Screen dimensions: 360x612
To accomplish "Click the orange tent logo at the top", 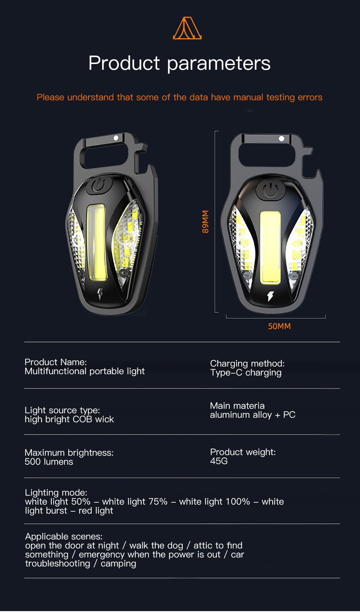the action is click(x=187, y=28).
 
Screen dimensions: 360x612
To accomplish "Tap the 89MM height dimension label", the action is click(x=205, y=221).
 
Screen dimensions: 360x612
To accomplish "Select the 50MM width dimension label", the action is click(x=279, y=326).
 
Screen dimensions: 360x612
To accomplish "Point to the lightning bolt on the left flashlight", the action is click(x=100, y=294).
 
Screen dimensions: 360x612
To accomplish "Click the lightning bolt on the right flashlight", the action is click(x=270, y=296).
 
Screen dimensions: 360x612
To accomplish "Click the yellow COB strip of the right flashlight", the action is click(x=270, y=247).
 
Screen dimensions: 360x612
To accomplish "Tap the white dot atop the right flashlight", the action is click(x=281, y=138).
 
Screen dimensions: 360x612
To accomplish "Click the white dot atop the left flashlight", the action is click(x=116, y=138).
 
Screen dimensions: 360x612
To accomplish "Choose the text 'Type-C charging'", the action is click(x=246, y=373).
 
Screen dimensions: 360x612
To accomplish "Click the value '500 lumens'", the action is click(x=49, y=462).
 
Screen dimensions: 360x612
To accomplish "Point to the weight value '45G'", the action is click(x=219, y=461).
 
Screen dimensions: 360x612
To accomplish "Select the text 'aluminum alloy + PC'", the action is click(x=253, y=415).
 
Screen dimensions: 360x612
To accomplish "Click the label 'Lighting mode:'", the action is click(x=56, y=493).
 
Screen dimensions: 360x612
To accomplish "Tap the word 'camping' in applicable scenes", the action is click(x=118, y=564).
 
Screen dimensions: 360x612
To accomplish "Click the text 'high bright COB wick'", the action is click(x=69, y=419).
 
